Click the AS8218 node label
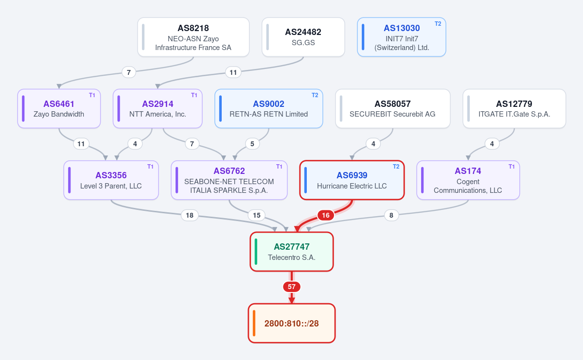tap(193, 28)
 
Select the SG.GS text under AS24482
tap(303, 43)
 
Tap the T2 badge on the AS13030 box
tap(438, 24)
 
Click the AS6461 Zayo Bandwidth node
tap(59, 108)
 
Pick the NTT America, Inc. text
tap(158, 115)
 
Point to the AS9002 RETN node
tap(268, 108)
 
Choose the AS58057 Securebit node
tap(392, 108)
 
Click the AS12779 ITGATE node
tap(514, 108)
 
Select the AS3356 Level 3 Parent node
tap(111, 180)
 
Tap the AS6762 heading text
tap(229, 171)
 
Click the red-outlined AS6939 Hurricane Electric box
tap(352, 180)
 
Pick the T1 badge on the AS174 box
tap(512, 167)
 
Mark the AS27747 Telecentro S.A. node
tap(292, 252)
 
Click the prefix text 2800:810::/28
tap(292, 324)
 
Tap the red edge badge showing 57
tap(292, 287)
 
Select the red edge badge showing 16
tap(326, 215)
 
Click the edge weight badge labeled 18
tap(190, 215)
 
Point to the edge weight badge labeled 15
tap(257, 215)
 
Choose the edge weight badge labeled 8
tap(391, 215)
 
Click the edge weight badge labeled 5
tap(252, 144)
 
